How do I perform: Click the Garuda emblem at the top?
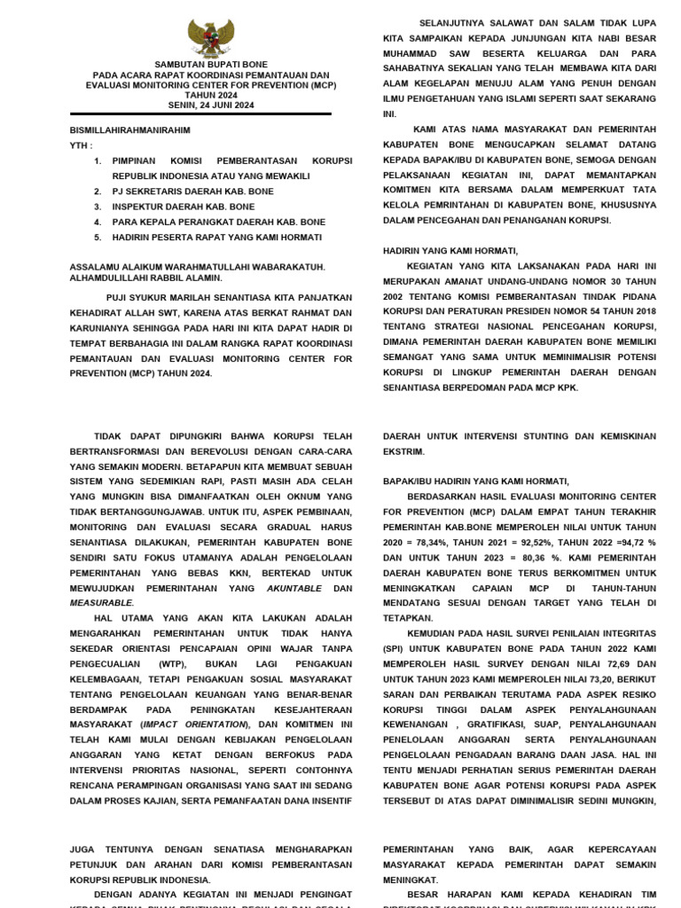210,37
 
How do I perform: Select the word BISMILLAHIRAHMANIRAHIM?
129,130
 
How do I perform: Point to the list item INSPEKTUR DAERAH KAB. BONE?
183,207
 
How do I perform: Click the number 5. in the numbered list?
98,238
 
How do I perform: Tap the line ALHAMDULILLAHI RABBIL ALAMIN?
145,278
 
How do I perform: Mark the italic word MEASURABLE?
100,602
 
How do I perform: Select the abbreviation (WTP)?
174,663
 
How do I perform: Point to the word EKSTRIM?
404,451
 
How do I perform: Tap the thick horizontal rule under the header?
200,113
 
